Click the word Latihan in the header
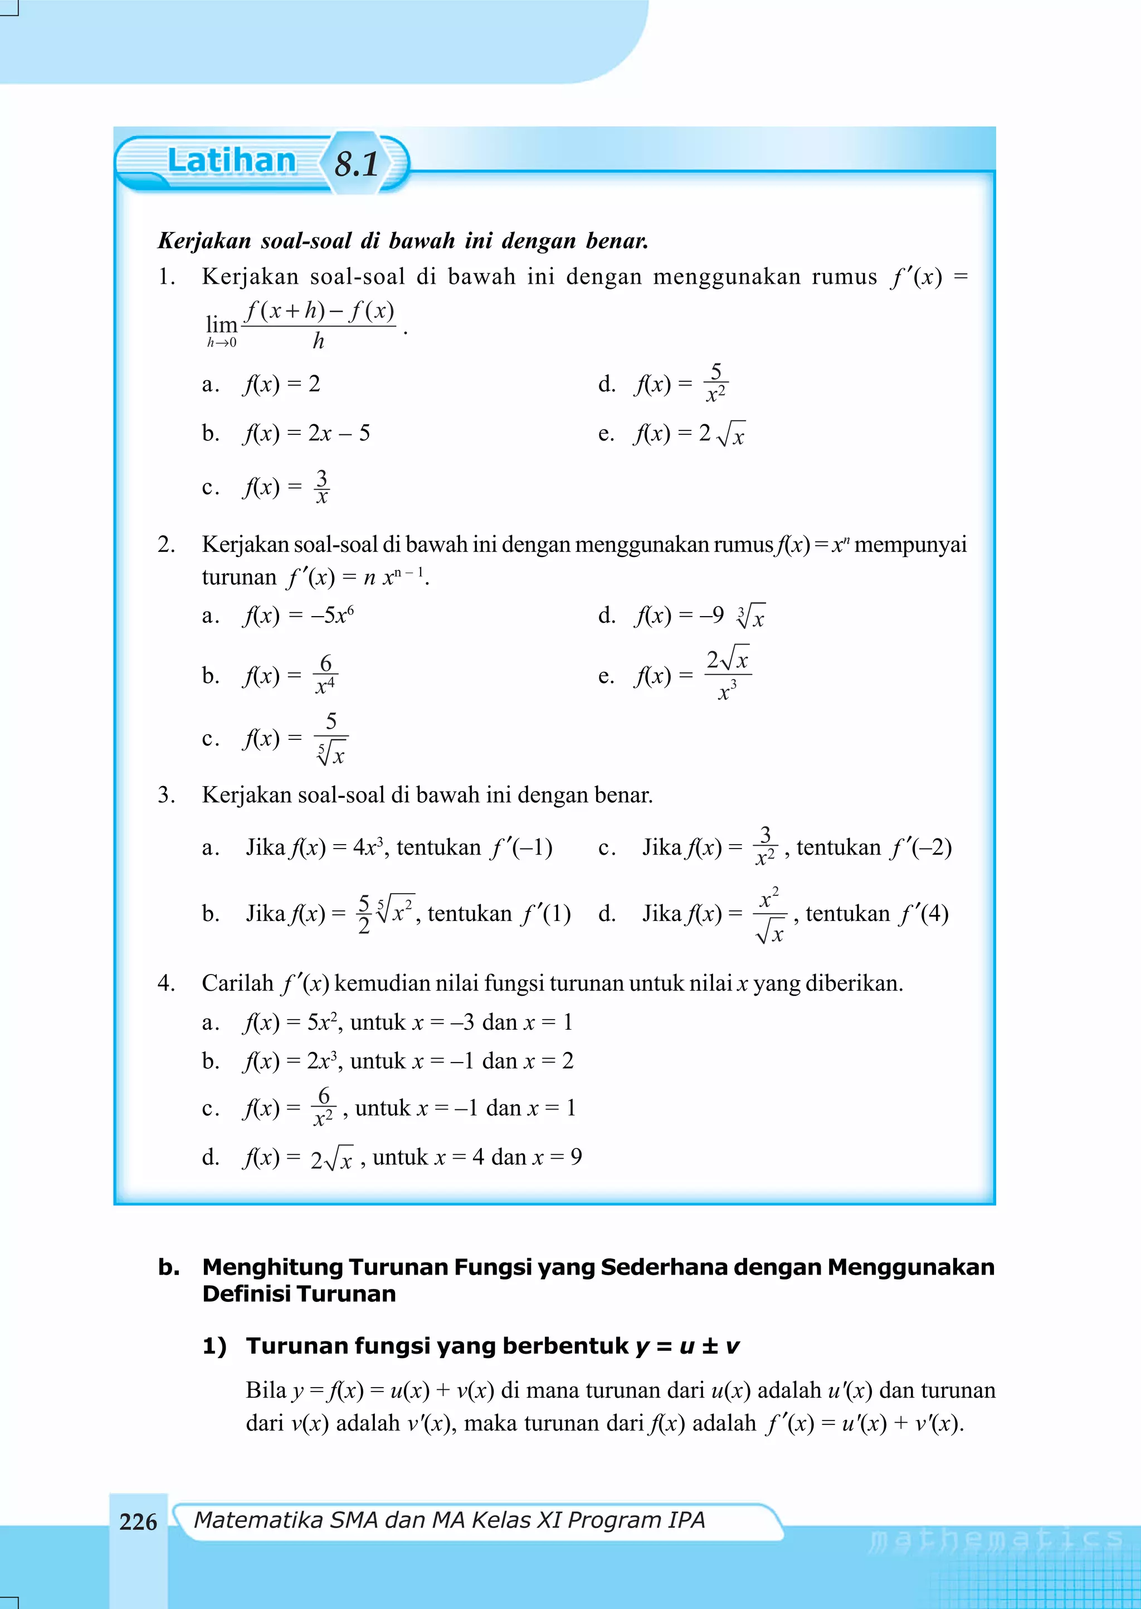click(x=232, y=161)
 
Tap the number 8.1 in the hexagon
click(x=357, y=164)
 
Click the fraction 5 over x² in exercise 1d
click(x=716, y=383)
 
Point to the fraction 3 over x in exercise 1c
click(x=322, y=486)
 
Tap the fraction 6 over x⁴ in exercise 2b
click(x=325, y=675)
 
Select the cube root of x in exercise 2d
click(x=751, y=616)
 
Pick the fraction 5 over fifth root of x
click(x=331, y=738)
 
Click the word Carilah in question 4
click(x=237, y=983)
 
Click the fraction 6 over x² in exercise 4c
click(x=323, y=1107)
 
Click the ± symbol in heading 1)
click(x=710, y=1346)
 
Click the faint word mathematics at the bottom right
click(x=996, y=1539)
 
